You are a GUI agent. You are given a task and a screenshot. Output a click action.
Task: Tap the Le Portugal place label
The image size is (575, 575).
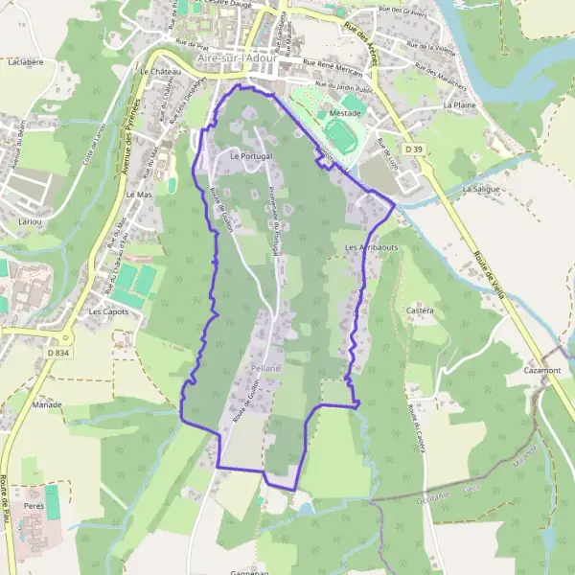(x=251, y=154)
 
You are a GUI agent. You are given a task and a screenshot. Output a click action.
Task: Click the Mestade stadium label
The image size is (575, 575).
(x=345, y=112)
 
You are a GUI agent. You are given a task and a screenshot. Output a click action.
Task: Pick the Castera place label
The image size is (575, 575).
(x=420, y=310)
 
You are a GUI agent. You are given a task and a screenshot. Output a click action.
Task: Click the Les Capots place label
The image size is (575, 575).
(x=107, y=311)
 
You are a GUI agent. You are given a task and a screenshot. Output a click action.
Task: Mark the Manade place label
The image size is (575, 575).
(x=46, y=405)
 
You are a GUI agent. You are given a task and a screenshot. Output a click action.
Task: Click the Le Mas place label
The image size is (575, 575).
(x=139, y=194)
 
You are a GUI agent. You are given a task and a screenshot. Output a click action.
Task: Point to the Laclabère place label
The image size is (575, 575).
(x=26, y=61)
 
